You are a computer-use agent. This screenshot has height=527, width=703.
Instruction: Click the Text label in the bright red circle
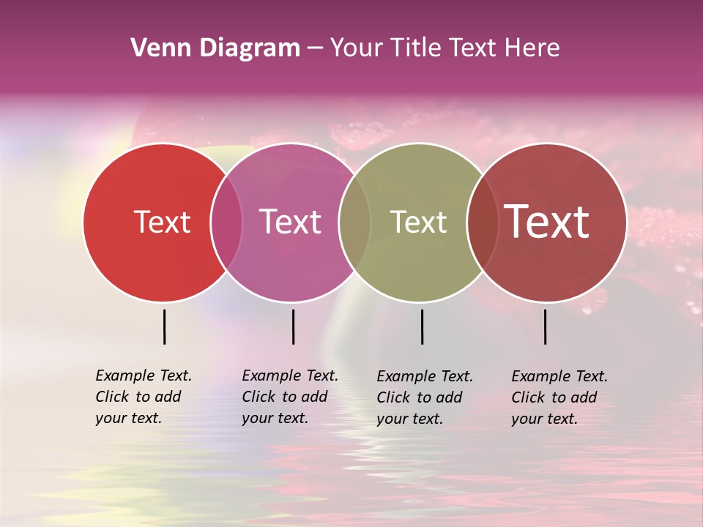pyautogui.click(x=162, y=222)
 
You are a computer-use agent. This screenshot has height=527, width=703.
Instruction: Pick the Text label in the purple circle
pyautogui.click(x=291, y=222)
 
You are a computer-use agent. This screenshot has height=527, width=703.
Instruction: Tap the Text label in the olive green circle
pyautogui.click(x=418, y=222)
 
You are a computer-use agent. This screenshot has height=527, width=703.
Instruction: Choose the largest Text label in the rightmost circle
pyautogui.click(x=547, y=222)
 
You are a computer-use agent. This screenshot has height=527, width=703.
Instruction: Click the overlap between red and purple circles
pyautogui.click(x=226, y=223)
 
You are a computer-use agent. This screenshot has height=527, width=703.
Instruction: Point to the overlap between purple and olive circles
pyautogui.click(x=354, y=223)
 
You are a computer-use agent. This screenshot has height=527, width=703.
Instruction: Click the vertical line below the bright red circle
pyautogui.click(x=164, y=326)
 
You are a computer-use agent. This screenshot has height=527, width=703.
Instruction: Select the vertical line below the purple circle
pyautogui.click(x=293, y=326)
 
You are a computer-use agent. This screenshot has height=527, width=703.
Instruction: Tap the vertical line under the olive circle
pyautogui.click(x=422, y=326)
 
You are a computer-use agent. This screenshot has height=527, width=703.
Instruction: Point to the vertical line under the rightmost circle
pyautogui.click(x=545, y=326)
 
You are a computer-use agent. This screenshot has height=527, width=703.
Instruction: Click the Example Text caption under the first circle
pyautogui.click(x=144, y=397)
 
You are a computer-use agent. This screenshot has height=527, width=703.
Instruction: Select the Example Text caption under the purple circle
pyautogui.click(x=290, y=397)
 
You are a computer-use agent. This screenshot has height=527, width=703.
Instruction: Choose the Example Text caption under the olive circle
pyautogui.click(x=425, y=397)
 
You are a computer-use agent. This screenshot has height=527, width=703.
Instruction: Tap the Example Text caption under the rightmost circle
pyautogui.click(x=559, y=397)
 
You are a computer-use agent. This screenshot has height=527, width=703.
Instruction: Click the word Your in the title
pyautogui.click(x=356, y=48)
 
